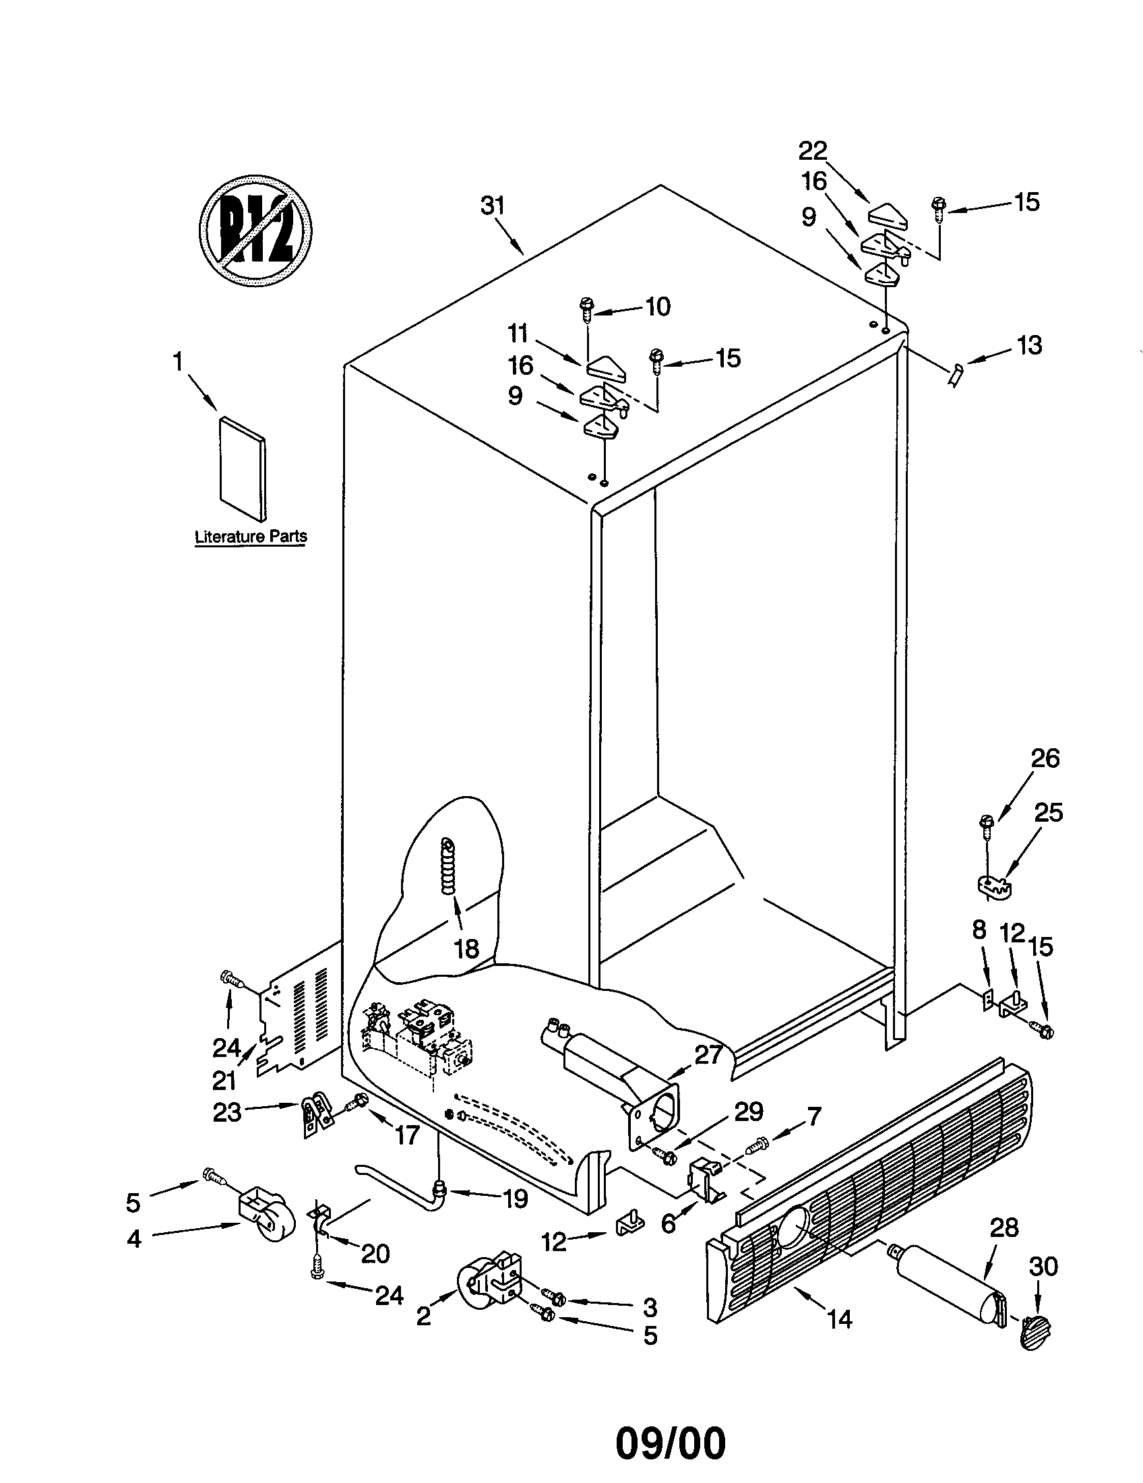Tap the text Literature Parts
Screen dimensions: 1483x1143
point(251,537)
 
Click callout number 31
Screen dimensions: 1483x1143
point(493,206)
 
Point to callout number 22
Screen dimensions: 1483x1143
point(813,150)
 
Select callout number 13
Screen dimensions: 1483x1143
point(1030,346)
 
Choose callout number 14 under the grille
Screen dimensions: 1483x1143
point(840,1319)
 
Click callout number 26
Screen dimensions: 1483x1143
point(1045,758)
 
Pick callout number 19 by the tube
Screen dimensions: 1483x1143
point(515,1199)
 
